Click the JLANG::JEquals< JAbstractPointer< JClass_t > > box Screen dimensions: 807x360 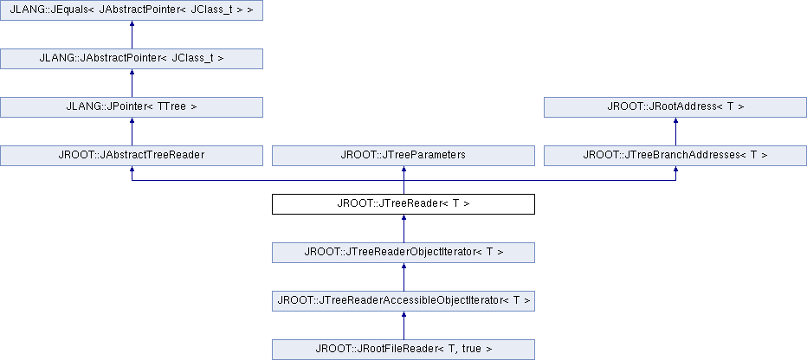pyautogui.click(x=132, y=10)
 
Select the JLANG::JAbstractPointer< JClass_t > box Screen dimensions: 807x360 pyautogui.click(x=132, y=59)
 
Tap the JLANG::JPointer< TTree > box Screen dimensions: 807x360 pyautogui.click(x=132, y=107)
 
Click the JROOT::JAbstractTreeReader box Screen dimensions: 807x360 pyautogui.click(x=132, y=155)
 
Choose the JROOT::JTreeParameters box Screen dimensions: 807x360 pyautogui.click(x=403, y=155)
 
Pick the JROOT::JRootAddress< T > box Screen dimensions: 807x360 pyautogui.click(x=675, y=107)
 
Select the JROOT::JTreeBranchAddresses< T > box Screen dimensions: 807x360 pyautogui.click(x=675, y=155)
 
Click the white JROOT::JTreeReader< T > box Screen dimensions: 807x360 pyautogui.click(x=403, y=203)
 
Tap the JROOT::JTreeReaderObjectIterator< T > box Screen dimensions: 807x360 pyautogui.click(x=403, y=253)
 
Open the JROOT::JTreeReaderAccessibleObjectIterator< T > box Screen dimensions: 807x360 pyautogui.click(x=403, y=301)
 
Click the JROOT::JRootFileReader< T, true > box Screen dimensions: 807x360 pyautogui.click(x=403, y=350)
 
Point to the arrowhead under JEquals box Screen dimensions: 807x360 pyautogui.click(x=132, y=24)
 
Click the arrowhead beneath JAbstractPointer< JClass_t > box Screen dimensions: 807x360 pyautogui.click(x=132, y=73)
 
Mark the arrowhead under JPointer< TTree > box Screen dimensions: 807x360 pyautogui.click(x=132, y=121)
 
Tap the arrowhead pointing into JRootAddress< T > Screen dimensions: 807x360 pyautogui.click(x=675, y=121)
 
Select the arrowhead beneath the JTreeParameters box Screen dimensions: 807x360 pyautogui.click(x=404, y=170)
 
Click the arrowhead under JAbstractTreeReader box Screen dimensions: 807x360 pyautogui.click(x=132, y=170)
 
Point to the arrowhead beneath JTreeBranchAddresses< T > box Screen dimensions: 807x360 pyautogui.click(x=675, y=170)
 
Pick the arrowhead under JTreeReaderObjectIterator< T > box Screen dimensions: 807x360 pyautogui.click(x=404, y=267)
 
